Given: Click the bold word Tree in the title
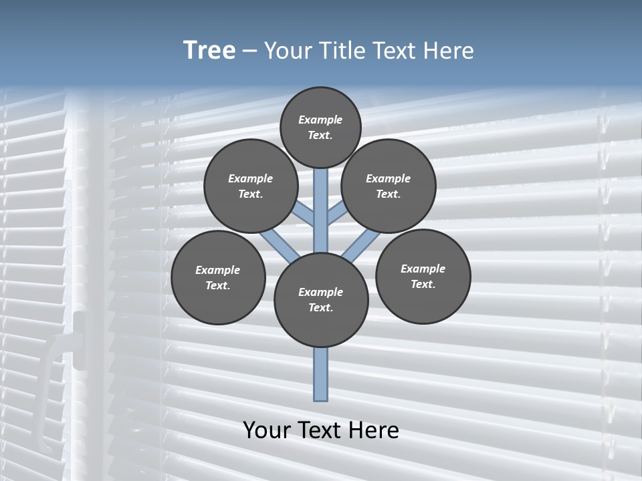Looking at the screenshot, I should click(209, 51).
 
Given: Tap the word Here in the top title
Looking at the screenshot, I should click(448, 51).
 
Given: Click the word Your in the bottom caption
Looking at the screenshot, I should click(267, 430).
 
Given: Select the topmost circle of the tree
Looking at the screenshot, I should click(320, 127).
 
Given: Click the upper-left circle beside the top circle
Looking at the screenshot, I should click(250, 186).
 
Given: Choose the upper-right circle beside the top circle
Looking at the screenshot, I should click(389, 186).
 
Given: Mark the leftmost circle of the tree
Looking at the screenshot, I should click(218, 277).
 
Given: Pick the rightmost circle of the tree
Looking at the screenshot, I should click(423, 276).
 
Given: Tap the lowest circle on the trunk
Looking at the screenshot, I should click(321, 300).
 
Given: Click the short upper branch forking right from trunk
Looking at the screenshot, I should click(337, 214).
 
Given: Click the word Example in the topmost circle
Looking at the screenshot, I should click(320, 120).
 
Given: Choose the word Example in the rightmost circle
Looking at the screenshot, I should click(423, 269).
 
